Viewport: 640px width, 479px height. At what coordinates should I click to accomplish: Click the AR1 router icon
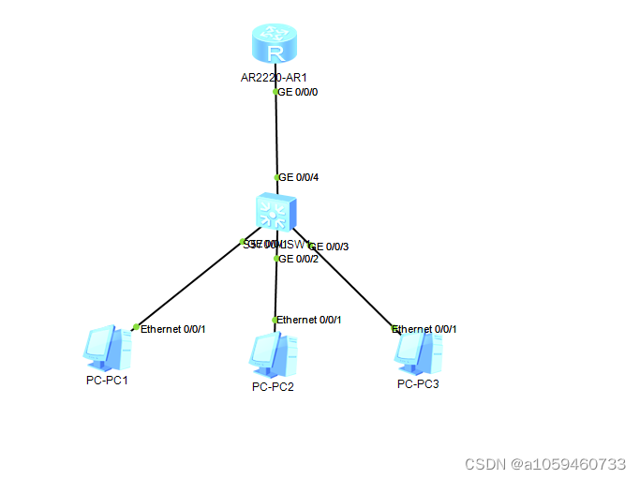275,45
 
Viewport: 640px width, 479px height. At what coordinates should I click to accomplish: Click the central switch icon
275,215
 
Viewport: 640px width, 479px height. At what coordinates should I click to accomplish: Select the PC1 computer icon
104,348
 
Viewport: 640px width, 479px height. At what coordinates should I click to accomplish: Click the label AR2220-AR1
274,77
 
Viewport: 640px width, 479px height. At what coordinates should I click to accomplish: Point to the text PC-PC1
106,380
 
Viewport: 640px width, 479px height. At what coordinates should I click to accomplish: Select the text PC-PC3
418,383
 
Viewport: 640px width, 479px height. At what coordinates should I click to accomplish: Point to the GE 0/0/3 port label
330,247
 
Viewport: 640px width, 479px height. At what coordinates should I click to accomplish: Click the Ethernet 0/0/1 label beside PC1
172,329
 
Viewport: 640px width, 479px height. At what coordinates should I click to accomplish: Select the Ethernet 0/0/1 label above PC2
309,320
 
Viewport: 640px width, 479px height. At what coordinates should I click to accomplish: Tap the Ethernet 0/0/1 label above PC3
424,329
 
